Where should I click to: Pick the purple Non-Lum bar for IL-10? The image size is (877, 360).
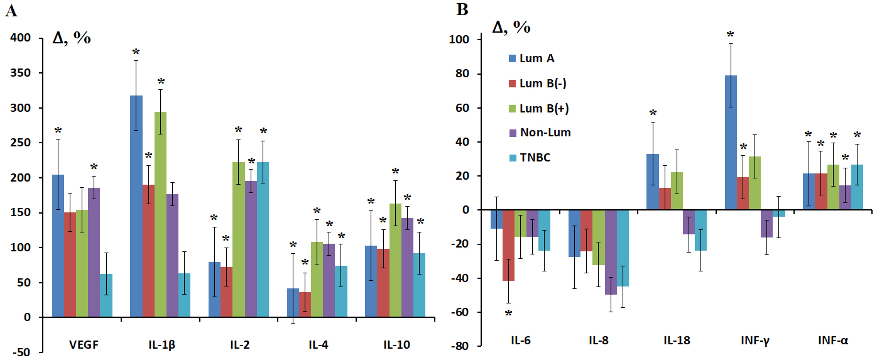[x=406, y=268]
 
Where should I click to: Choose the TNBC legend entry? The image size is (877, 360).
[x=528, y=158]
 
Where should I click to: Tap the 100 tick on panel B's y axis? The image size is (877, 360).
[x=462, y=40]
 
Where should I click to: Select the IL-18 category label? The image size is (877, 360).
[x=676, y=341]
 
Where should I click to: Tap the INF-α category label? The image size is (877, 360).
[x=833, y=341]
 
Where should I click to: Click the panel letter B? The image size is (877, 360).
[x=462, y=10]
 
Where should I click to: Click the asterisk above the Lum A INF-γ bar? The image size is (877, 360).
[x=730, y=35]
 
